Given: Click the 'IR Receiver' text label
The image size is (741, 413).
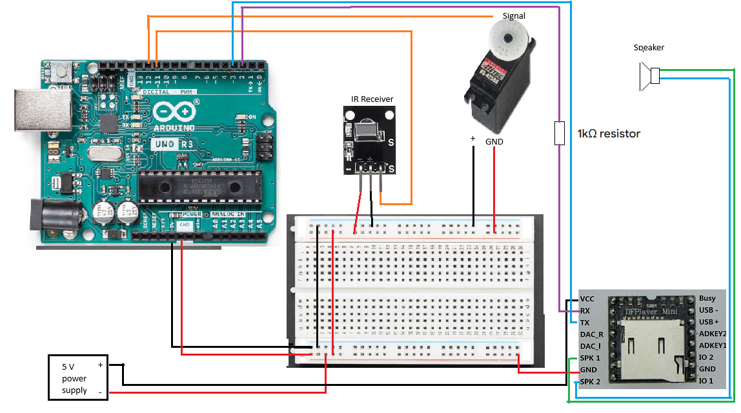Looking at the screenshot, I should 371,99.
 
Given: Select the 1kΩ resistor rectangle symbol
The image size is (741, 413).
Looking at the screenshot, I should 560,133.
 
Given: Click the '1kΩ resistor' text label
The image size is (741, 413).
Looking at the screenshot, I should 609,134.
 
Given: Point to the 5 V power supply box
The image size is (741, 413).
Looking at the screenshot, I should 78,378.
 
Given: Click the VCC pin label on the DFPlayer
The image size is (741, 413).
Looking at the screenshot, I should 587,299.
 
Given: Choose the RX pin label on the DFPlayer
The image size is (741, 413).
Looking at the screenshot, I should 585,310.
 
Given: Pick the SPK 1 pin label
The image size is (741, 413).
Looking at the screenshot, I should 590,358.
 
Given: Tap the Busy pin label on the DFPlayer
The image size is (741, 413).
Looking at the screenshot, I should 707,299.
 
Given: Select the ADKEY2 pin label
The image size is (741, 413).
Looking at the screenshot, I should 713,334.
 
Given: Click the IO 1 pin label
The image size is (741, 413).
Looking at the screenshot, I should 706,381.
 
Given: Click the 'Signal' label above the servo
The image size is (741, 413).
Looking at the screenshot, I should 514,15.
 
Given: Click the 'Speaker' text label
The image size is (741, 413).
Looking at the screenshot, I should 649,47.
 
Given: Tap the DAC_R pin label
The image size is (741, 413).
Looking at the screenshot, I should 592,334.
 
